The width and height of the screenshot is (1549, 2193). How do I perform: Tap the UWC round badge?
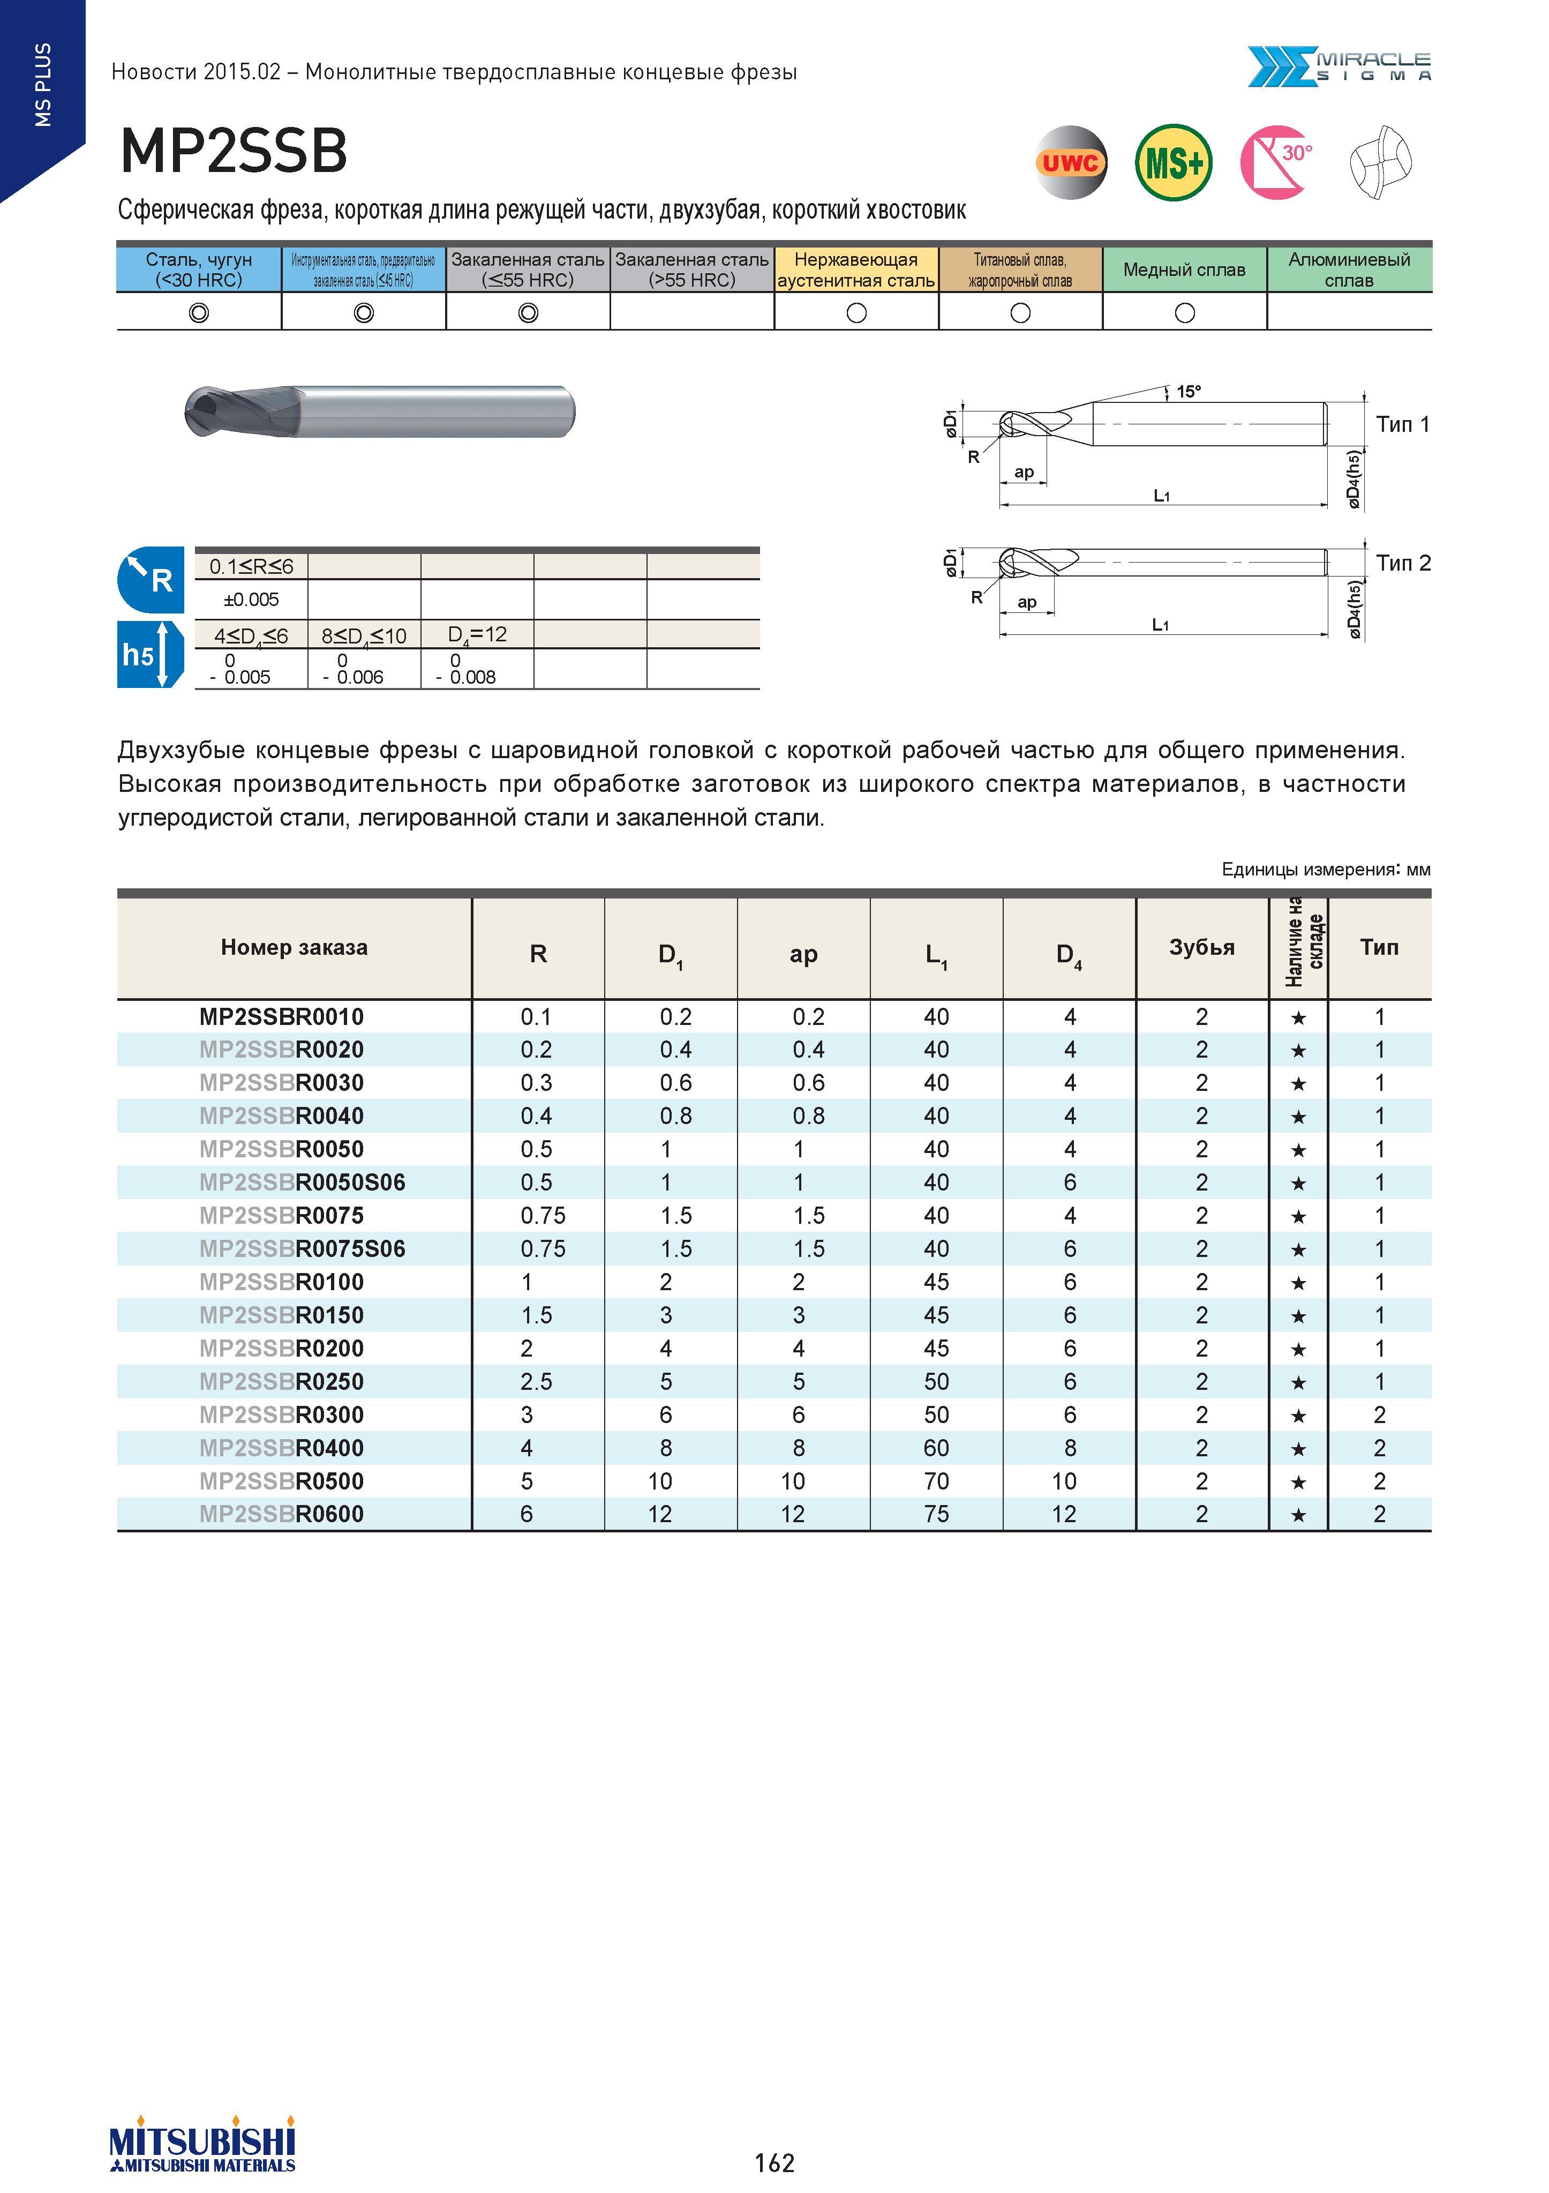point(1071,162)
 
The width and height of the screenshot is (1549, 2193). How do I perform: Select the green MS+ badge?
point(1174,162)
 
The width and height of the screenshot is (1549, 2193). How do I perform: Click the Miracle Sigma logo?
point(1339,67)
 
